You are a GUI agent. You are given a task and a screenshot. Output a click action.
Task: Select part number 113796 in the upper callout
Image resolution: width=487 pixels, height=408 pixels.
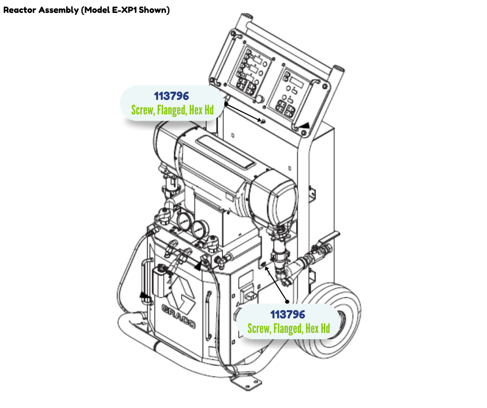(x=171, y=96)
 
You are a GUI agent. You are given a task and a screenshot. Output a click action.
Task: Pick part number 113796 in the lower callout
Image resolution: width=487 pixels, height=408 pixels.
(x=288, y=314)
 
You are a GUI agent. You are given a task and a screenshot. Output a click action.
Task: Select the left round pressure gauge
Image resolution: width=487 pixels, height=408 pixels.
(x=184, y=222)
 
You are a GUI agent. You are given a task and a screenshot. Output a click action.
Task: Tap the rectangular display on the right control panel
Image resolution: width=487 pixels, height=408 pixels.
(x=295, y=83)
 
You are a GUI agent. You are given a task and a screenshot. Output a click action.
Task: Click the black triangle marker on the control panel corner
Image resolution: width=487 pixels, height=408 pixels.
(x=304, y=124)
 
